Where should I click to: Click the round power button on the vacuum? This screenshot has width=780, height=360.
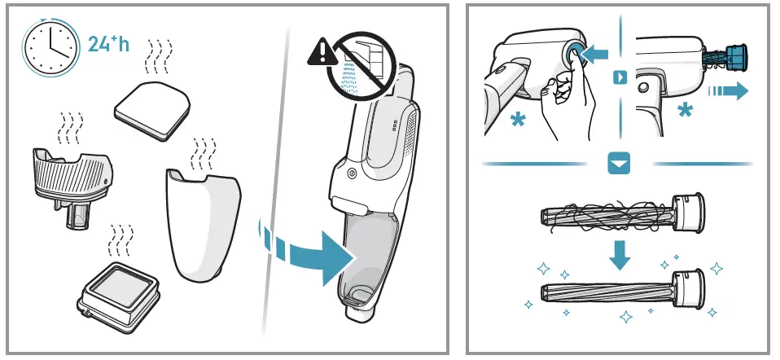point(351,173)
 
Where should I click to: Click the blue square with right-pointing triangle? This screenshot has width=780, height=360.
point(620,77)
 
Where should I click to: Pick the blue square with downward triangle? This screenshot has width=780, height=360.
point(620,165)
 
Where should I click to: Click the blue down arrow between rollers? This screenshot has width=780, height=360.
point(620,255)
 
